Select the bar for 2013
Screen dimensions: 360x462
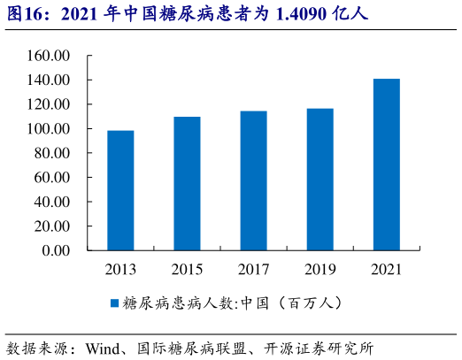click(120, 190)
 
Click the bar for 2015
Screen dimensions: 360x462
click(187, 183)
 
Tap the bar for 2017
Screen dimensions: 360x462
click(253, 180)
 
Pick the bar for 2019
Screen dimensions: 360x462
click(320, 180)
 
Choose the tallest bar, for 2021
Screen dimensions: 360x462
click(386, 165)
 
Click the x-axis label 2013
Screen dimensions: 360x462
click(120, 269)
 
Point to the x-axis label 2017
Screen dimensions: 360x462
click(253, 269)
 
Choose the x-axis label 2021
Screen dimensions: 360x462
click(386, 269)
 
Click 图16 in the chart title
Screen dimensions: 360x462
click(25, 14)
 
